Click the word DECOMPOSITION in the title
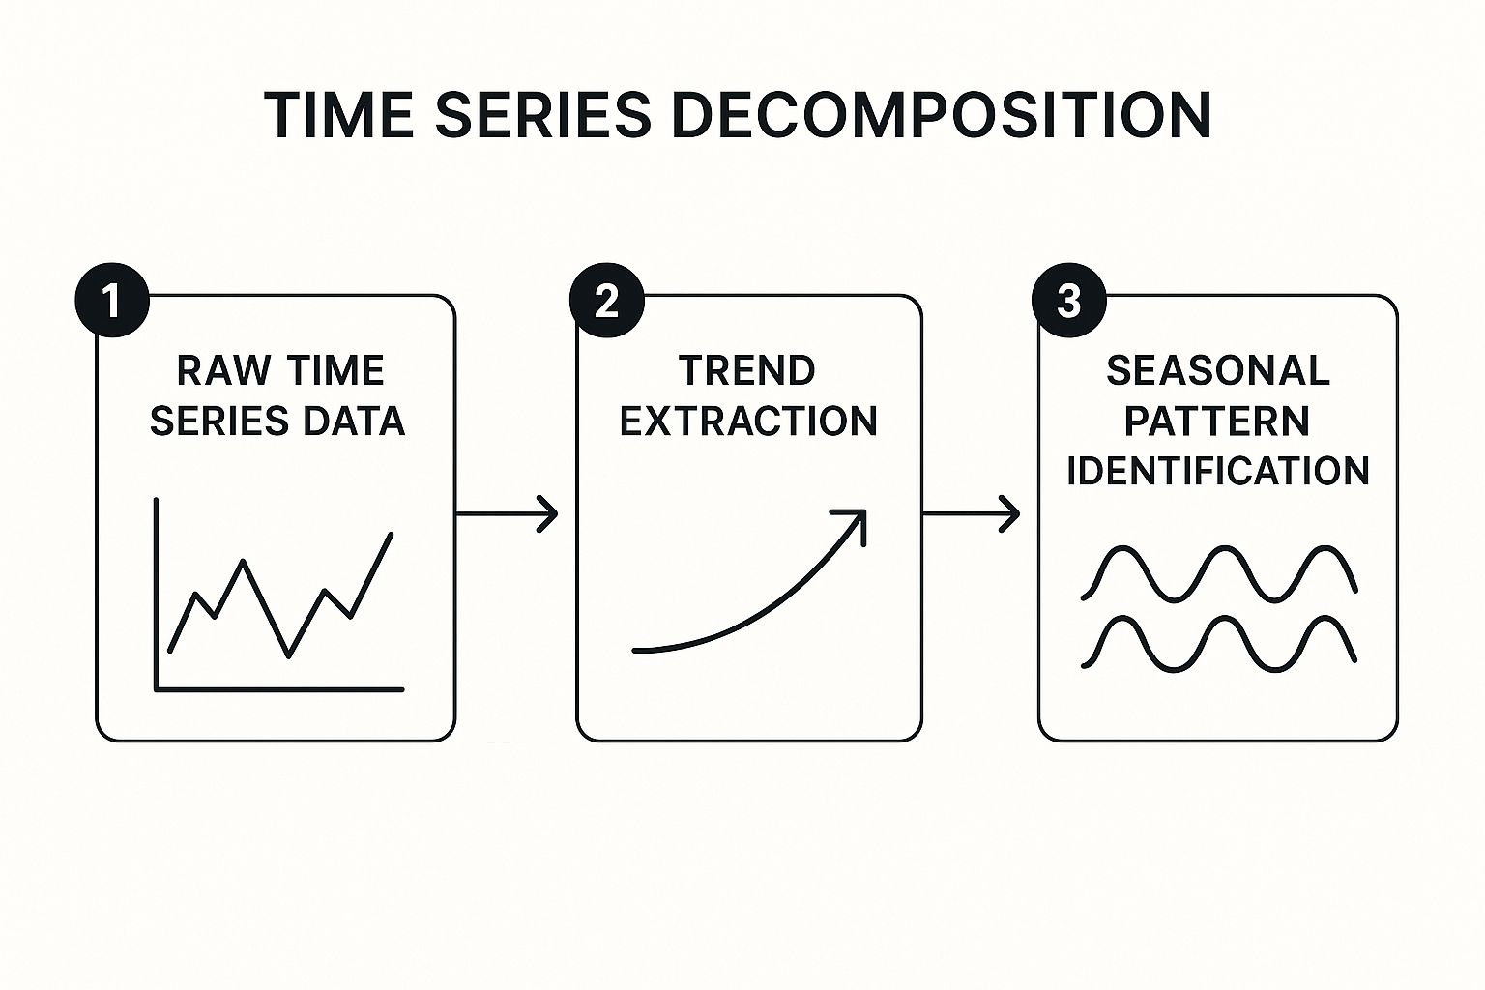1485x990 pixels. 942,115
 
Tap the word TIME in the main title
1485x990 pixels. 338,115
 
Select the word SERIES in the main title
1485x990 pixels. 543,115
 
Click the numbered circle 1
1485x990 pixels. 112,301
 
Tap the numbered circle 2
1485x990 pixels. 606,301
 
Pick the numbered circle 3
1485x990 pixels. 1069,301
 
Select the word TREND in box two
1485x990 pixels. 747,370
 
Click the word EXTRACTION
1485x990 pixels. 748,422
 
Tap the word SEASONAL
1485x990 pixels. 1218,370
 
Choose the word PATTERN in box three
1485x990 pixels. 1217,422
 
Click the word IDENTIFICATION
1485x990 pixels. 1218,471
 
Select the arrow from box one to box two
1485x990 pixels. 508,513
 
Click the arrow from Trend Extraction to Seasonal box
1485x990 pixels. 972,513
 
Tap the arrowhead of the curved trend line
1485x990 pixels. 856,520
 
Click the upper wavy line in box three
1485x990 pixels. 1219,573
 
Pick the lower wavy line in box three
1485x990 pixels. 1219,644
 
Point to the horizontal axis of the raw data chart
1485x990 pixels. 279,689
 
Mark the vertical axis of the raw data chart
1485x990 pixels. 157,595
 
